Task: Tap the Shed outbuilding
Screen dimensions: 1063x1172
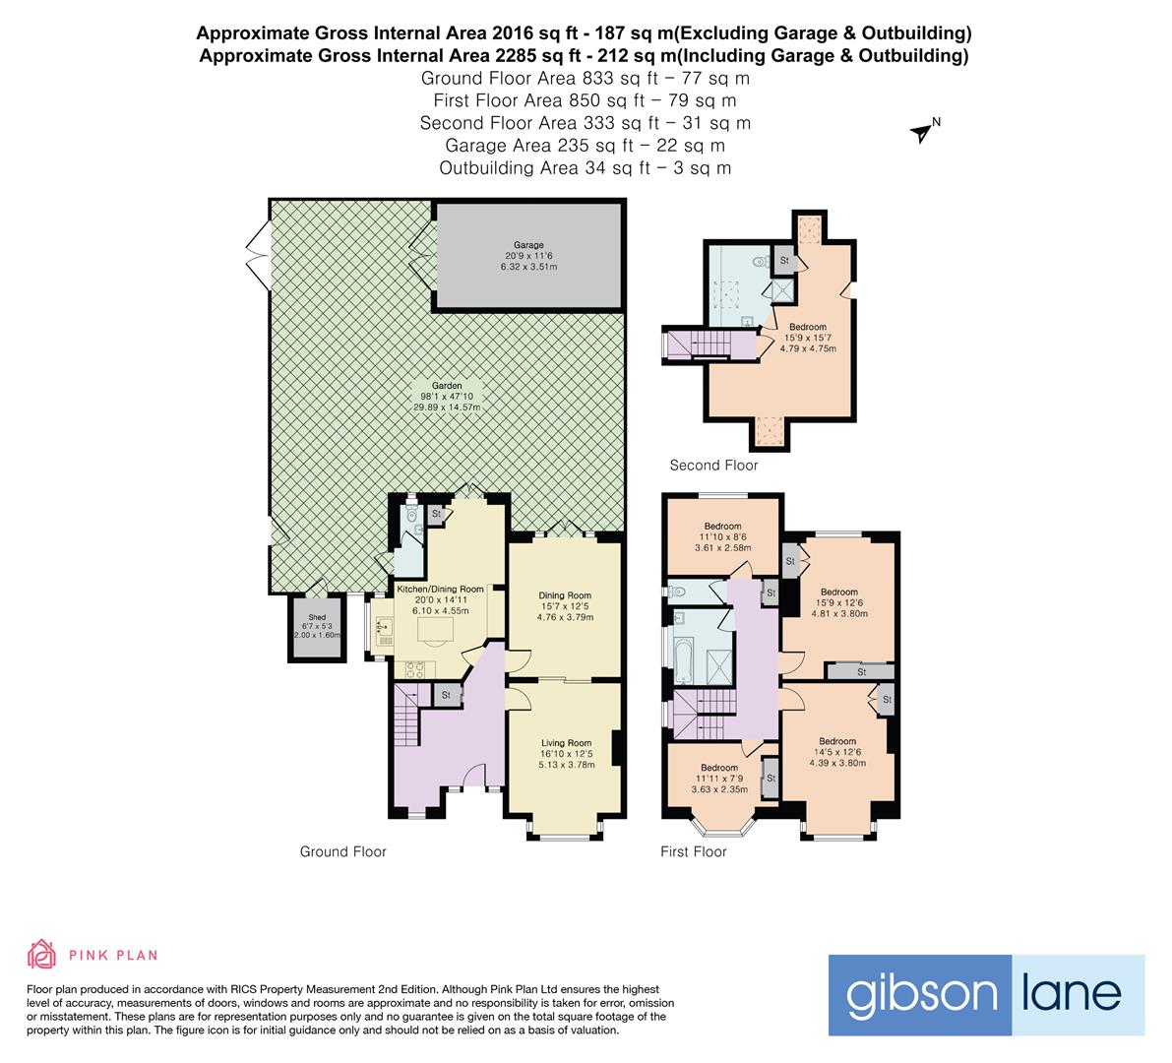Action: pos(317,627)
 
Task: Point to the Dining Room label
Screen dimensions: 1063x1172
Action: pos(565,595)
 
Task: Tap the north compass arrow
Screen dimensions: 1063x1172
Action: pos(923,132)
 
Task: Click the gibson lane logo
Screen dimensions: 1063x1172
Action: pos(986,994)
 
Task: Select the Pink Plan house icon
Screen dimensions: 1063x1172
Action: pos(42,955)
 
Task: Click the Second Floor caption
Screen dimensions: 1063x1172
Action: pos(713,466)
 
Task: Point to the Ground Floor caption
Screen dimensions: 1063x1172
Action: pos(342,852)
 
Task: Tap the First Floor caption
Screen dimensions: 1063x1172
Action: pos(693,852)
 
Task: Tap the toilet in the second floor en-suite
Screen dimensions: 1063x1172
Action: pos(759,263)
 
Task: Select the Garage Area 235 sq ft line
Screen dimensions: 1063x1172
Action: pos(585,146)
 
